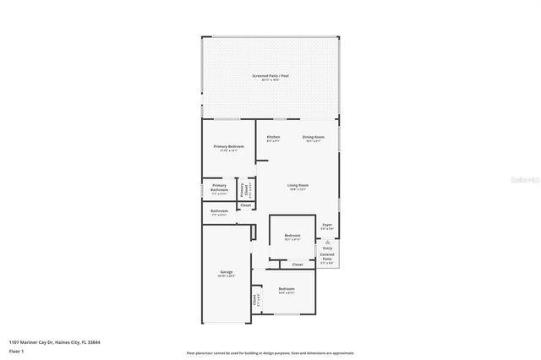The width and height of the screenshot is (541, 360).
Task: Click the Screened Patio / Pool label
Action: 270,76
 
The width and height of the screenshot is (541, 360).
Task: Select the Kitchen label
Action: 273,137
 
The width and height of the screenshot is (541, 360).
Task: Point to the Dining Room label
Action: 314,137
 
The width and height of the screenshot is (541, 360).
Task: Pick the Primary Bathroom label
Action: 219,188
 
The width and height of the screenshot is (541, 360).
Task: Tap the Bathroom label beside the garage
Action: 219,211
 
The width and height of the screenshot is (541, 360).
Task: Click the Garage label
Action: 227,272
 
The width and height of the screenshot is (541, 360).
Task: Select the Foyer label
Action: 327,226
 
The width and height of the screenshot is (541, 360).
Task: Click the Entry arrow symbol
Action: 327,242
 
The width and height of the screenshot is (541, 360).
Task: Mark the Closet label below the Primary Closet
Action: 246,205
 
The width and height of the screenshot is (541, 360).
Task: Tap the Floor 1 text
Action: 16,352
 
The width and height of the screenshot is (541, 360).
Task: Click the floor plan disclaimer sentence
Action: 270,353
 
